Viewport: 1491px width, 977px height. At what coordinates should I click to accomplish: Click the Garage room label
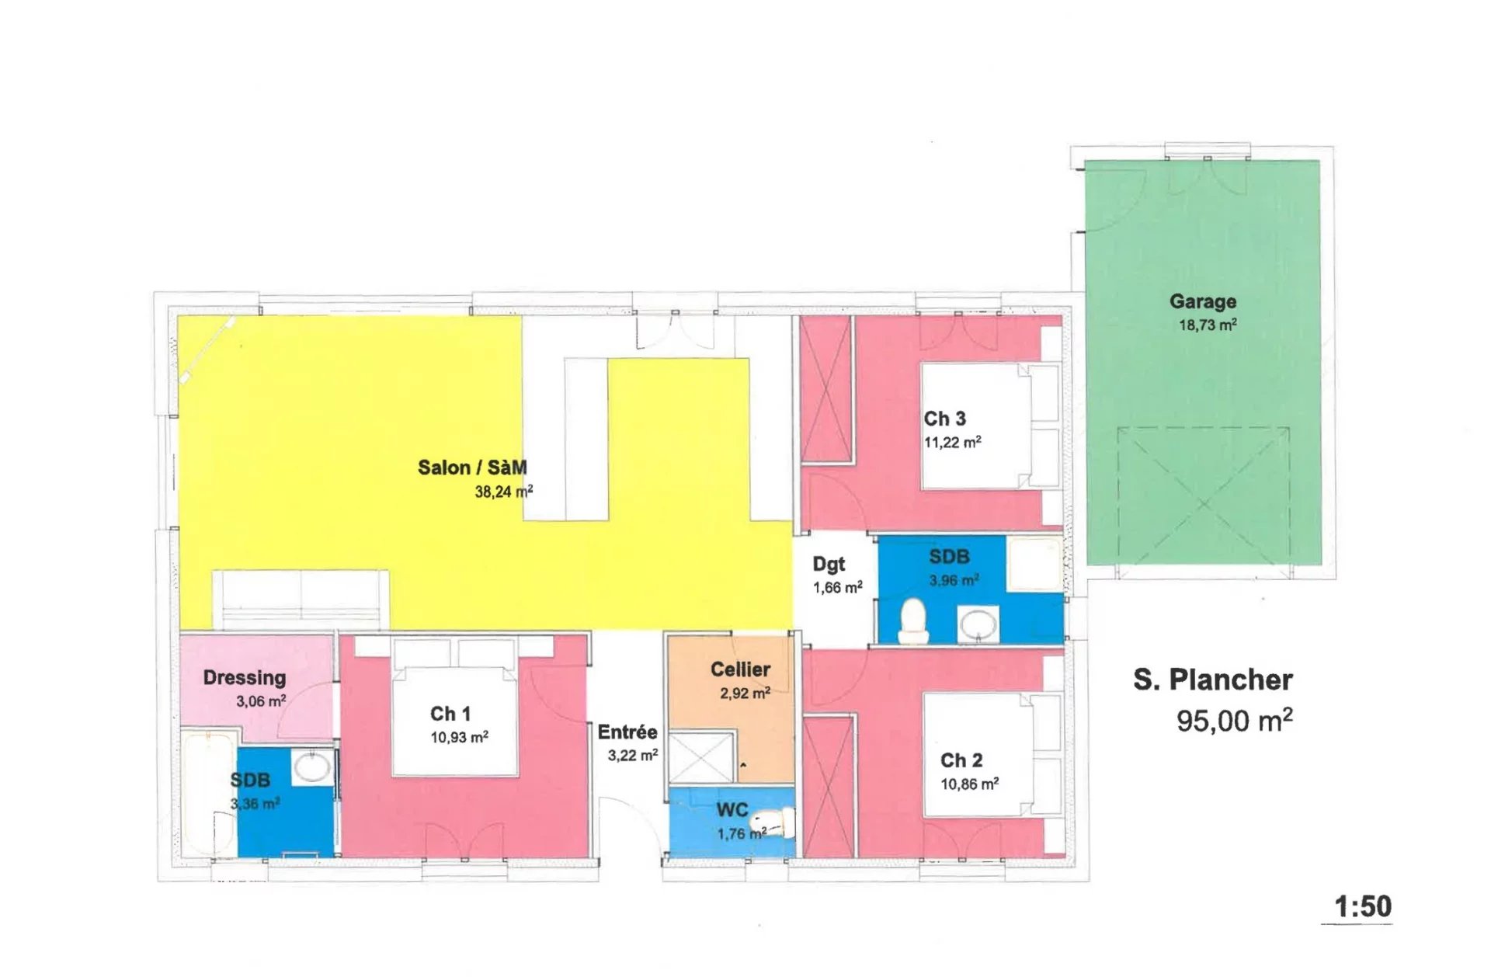[x=1203, y=301]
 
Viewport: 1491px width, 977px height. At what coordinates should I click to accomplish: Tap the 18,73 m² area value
[x=1208, y=325]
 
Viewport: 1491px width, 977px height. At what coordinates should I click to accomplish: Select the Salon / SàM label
[x=472, y=468]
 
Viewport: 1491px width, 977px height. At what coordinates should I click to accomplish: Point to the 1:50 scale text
[x=1363, y=906]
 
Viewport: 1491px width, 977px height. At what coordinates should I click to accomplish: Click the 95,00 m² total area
[x=1234, y=720]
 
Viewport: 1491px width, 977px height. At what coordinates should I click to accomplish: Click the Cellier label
[x=740, y=669]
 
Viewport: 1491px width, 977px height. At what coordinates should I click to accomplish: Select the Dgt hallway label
[x=829, y=565]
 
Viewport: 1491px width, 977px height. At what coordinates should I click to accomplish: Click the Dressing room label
[x=245, y=678]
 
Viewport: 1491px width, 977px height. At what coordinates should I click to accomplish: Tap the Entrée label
[x=627, y=732]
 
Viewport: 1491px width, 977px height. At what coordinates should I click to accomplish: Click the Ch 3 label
[x=944, y=419]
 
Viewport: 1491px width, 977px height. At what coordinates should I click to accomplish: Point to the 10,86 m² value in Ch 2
[x=970, y=784]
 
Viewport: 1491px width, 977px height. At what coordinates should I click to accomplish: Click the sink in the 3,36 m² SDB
[x=312, y=767]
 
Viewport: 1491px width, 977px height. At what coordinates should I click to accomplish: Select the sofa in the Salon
[x=301, y=600]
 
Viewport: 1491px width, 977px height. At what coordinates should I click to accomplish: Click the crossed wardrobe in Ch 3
[x=826, y=390]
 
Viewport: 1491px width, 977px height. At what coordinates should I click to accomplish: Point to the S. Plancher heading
[x=1213, y=680]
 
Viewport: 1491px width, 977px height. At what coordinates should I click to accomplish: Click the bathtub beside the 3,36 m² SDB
[x=208, y=794]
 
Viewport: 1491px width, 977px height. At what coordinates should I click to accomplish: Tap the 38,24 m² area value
[x=504, y=491]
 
